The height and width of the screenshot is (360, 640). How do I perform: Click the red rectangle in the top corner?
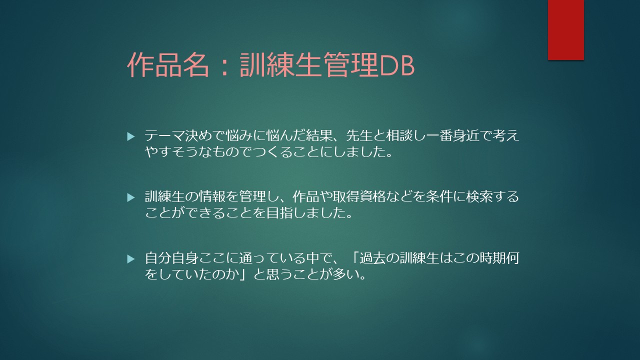[565, 30]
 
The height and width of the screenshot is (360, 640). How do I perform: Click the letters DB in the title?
[397, 65]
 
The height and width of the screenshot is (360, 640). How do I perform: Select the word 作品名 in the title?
[168, 65]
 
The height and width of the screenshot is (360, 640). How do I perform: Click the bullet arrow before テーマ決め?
[130, 136]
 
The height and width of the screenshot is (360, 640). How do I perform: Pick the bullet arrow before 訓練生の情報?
[130, 197]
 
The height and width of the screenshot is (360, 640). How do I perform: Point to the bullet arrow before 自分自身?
[130, 259]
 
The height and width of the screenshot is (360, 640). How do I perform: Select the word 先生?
[359, 135]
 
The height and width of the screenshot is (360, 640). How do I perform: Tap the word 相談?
[399, 135]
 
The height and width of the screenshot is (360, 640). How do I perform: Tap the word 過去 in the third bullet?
[372, 258]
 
